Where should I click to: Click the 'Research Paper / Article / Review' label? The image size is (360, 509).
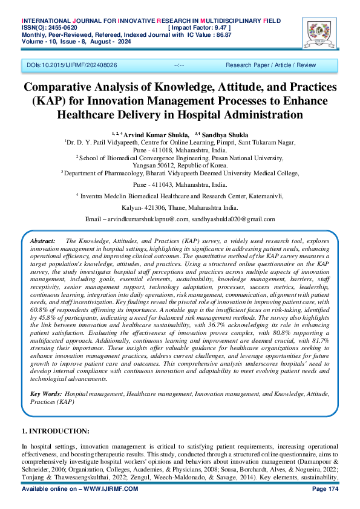point(270,64)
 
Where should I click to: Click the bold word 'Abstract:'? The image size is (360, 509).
point(43,241)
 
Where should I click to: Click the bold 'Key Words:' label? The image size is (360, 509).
point(46,394)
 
